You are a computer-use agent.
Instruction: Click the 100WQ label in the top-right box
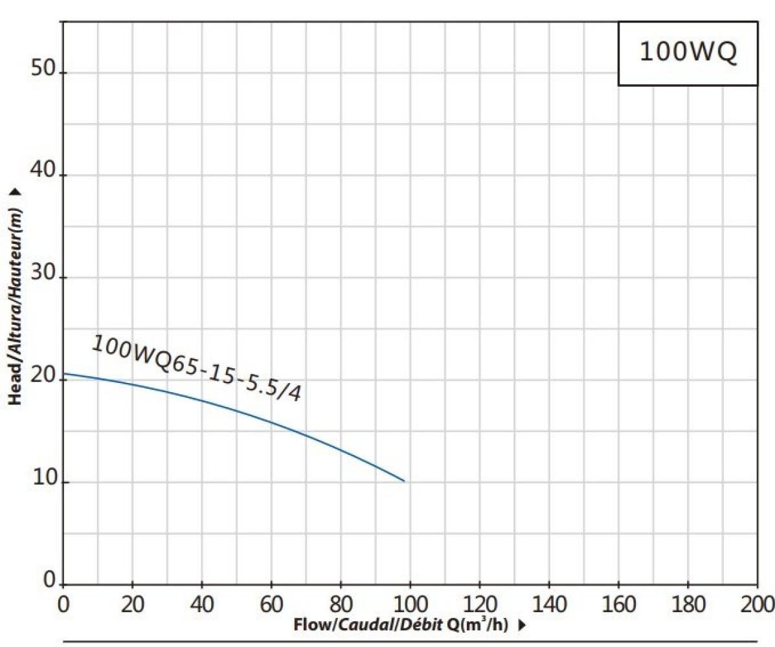coord(688,52)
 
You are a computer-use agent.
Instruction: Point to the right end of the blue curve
coord(404,481)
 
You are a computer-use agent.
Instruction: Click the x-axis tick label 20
coord(132,604)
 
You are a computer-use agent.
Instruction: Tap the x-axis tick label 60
coord(271,604)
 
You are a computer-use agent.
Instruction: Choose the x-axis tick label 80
coord(341,604)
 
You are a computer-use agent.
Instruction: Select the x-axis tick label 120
coord(479,604)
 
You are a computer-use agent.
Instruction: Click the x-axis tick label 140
coord(548,604)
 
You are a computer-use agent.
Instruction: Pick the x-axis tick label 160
coord(618,604)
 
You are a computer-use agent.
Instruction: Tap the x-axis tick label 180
coord(688,604)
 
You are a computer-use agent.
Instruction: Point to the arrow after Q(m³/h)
coord(522,626)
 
